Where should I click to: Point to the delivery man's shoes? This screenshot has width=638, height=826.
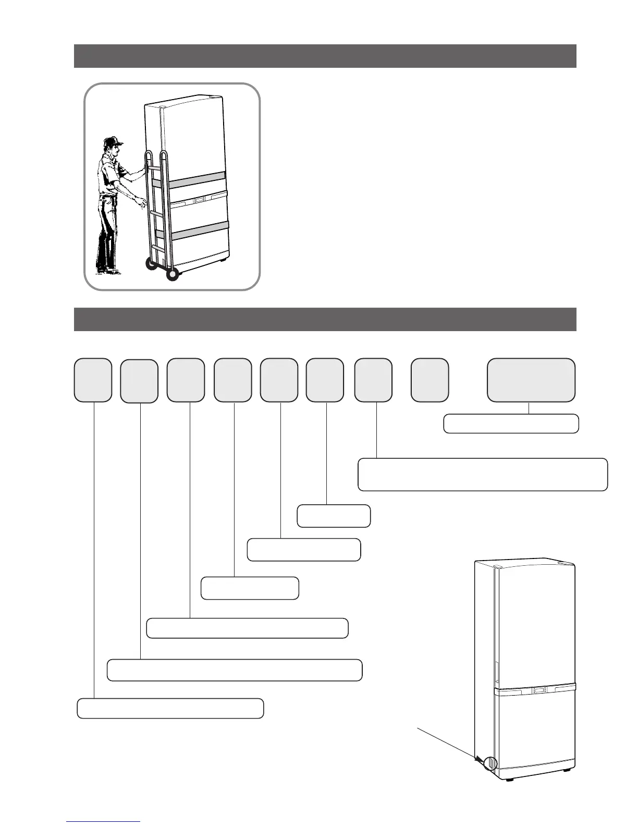109,271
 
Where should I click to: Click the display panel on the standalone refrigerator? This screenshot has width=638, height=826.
538,691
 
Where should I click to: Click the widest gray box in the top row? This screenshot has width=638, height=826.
531,380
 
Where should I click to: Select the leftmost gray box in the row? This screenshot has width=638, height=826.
93,380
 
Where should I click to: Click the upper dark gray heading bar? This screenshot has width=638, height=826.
325,56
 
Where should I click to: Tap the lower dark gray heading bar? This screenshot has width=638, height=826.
325,319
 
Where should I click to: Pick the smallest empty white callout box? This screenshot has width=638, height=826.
334,516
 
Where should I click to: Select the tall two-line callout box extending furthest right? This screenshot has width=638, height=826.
482,475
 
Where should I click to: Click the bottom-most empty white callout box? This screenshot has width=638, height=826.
170,709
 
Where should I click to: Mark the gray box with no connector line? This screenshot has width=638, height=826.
430,380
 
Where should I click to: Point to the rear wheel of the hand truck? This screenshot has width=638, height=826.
151,264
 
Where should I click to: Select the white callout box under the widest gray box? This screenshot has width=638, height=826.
511,424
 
